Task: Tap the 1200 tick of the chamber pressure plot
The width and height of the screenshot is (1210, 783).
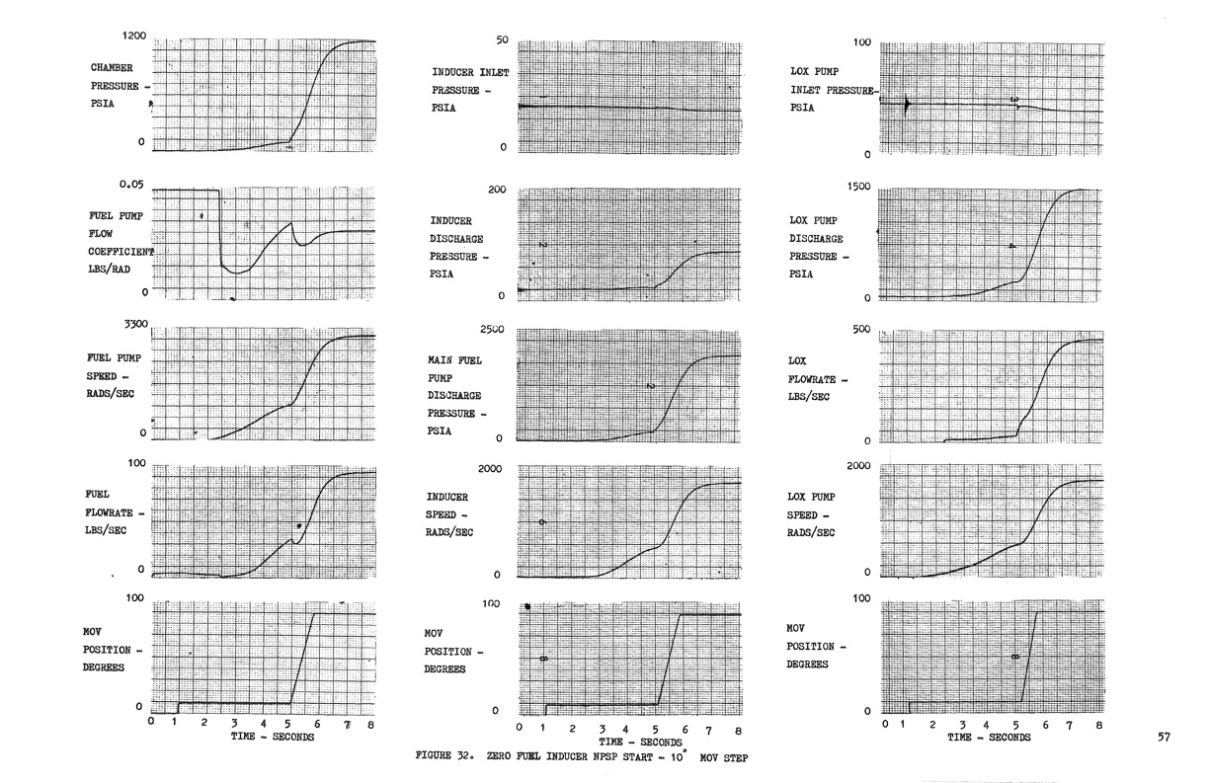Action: click(x=134, y=36)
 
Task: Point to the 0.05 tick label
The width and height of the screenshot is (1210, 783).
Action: click(x=131, y=185)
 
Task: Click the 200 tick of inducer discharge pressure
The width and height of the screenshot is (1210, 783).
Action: click(x=496, y=189)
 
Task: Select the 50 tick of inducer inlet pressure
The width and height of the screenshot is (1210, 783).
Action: click(x=500, y=40)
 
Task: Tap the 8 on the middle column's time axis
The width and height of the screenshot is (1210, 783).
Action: click(x=738, y=729)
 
